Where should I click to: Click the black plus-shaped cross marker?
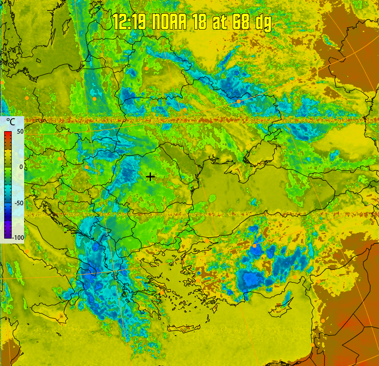point(150,177)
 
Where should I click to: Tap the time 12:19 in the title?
point(129,22)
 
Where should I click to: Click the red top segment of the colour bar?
point(8,134)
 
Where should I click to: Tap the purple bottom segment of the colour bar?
point(8,235)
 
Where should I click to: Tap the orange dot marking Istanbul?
point(207,241)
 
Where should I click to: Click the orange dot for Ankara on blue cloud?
point(254,246)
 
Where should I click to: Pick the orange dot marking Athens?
point(162,293)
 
